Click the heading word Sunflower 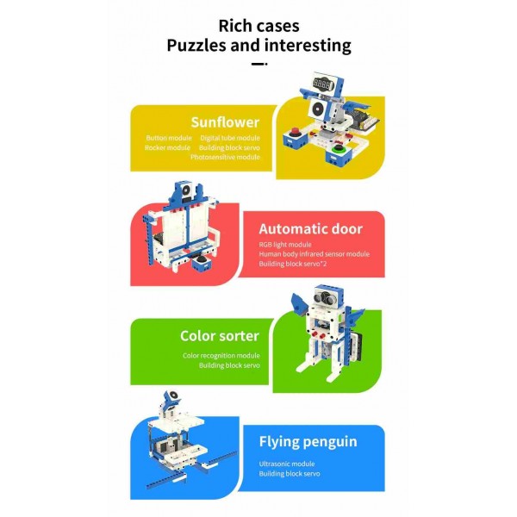[225, 122]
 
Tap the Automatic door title [310, 229]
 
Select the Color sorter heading [220, 336]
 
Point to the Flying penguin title [308, 442]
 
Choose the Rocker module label [167, 147]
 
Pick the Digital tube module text [230, 138]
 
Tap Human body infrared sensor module [314, 254]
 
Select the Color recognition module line [221, 355]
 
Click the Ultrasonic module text [287, 464]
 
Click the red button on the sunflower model [296, 134]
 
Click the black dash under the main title [258, 63]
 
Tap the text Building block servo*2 [291, 264]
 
